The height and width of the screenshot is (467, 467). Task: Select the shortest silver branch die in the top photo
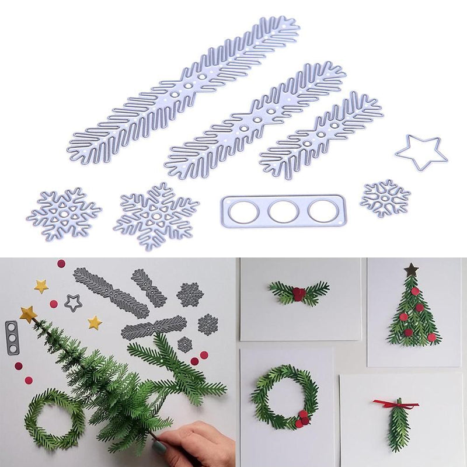pyautogui.click(x=321, y=135)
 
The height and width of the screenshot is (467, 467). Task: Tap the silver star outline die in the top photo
pyautogui.click(x=421, y=153)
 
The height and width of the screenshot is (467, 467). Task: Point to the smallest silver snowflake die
pyautogui.click(x=385, y=198)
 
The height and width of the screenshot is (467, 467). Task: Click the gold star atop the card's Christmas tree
pyautogui.click(x=412, y=269)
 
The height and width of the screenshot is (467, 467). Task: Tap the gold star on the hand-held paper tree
pyautogui.click(x=28, y=314)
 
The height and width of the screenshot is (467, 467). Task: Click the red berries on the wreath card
pyautogui.click(x=302, y=418)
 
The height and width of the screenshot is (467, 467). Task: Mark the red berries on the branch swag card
pyautogui.click(x=299, y=293)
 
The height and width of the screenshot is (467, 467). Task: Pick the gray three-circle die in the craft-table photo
pyautogui.click(x=11, y=337)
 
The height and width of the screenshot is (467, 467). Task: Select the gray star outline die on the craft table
pyautogui.click(x=73, y=302)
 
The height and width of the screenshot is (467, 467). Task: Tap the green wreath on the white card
pyautogui.click(x=285, y=396)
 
